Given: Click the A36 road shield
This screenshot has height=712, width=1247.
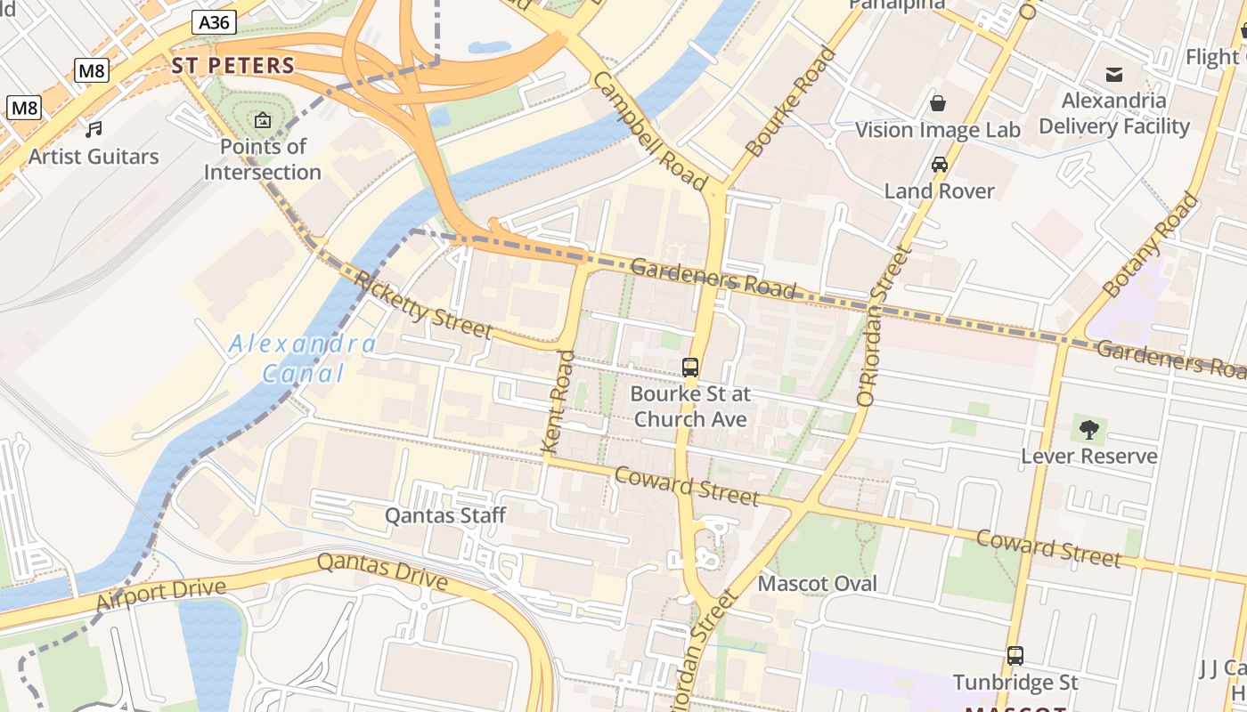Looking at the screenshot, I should tap(214, 22).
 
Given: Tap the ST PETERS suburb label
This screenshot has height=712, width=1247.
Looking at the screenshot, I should tap(232, 65).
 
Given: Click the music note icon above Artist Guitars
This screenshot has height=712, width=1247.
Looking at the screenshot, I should tap(94, 130).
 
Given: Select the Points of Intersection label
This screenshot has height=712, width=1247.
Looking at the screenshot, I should tap(263, 159).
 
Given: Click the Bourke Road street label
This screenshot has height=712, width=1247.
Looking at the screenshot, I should tap(792, 102).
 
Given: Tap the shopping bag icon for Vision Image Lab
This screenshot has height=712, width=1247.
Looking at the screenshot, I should tap(937, 103).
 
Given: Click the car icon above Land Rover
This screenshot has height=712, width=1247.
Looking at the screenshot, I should tap(939, 165).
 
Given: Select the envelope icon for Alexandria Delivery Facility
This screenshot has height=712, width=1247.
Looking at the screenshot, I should tap(1113, 74).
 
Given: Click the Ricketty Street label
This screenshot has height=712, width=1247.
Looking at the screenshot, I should tap(423, 304).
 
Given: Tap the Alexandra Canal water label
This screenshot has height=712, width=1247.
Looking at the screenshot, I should tap(303, 358).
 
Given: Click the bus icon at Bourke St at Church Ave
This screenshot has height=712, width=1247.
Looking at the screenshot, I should tap(690, 367).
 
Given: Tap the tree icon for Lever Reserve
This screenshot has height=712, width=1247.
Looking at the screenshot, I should tap(1088, 430).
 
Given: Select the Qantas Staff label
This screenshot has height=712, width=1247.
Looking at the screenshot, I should tap(444, 515).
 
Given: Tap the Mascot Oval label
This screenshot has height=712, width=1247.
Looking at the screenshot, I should tap(817, 584).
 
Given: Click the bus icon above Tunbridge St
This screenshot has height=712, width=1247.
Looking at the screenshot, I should tap(1015, 656).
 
